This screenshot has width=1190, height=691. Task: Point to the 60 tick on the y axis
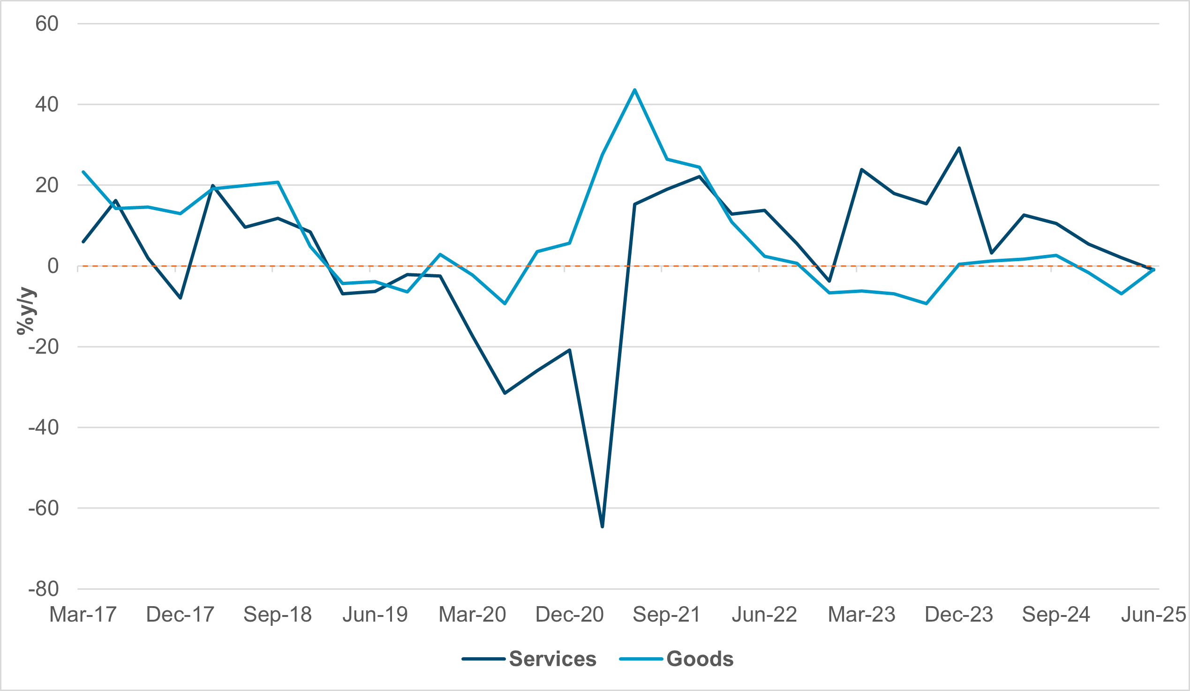coord(47,23)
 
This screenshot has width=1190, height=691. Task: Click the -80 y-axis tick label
coord(44,589)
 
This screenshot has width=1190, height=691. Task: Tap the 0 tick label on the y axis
coord(53,266)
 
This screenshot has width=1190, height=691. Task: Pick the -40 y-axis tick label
coord(44,428)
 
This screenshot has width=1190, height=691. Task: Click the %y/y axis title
coord(26,311)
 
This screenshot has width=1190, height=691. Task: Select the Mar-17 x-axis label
coord(83,615)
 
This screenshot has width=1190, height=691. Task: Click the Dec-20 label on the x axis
coord(570,615)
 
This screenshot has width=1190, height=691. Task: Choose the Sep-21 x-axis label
coord(667,615)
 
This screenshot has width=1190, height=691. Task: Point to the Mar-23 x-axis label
coord(861,615)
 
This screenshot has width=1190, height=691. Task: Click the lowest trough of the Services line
coord(602,527)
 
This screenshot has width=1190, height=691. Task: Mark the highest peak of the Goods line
coord(635,90)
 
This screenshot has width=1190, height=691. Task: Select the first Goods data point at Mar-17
coord(83,172)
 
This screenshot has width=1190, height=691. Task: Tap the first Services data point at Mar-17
coord(83,241)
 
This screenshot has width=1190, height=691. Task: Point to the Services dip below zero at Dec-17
coord(181,298)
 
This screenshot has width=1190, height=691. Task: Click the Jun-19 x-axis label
coord(375,615)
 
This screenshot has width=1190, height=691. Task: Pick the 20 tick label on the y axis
coord(47,186)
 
